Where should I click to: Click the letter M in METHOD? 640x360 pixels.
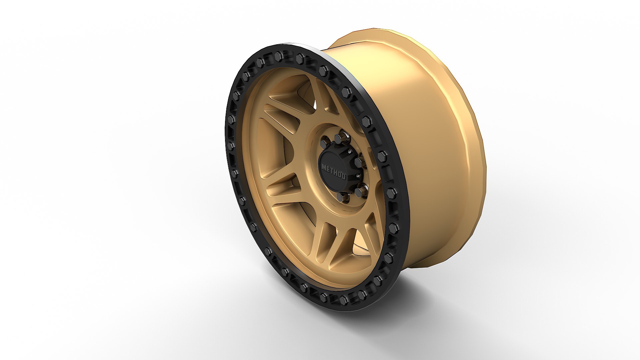324,167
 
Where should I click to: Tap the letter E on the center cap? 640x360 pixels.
328,170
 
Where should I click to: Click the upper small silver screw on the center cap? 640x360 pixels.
350,152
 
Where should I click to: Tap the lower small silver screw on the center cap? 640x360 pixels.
358,176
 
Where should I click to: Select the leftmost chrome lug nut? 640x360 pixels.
323,144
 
